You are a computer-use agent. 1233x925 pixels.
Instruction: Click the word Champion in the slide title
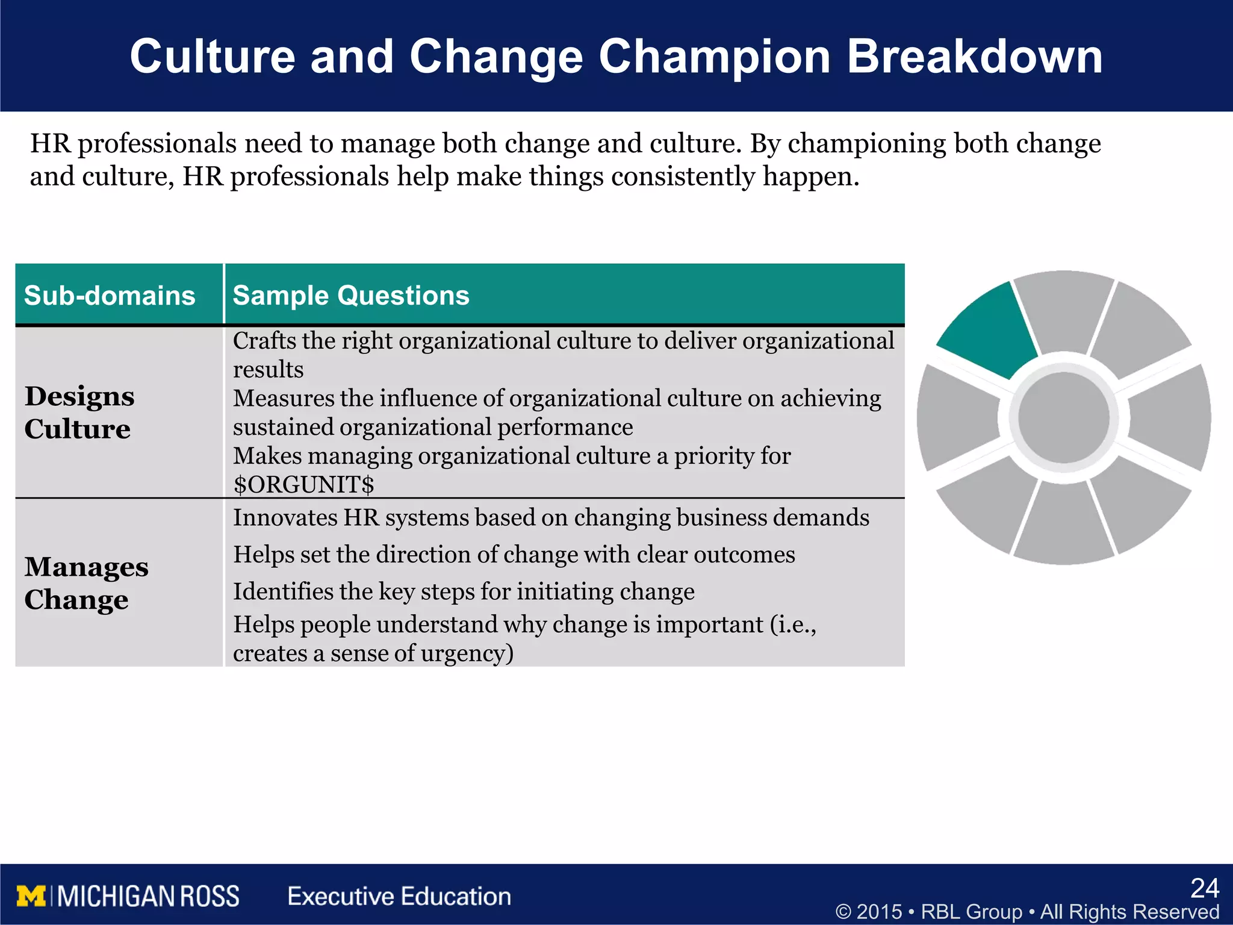(x=715, y=57)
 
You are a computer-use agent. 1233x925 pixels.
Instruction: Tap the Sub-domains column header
(x=110, y=296)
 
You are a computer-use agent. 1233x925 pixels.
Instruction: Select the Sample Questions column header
(x=351, y=296)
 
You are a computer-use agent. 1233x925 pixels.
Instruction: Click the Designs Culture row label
(x=79, y=413)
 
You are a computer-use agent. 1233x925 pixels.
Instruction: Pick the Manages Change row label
(x=86, y=583)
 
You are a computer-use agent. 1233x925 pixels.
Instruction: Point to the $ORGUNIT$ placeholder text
(x=303, y=485)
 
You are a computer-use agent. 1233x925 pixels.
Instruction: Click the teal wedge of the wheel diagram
(x=987, y=330)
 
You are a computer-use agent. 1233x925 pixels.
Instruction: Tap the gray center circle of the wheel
(x=1064, y=417)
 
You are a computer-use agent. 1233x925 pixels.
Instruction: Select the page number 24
(x=1204, y=888)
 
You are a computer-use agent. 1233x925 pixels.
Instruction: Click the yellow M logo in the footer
(x=31, y=896)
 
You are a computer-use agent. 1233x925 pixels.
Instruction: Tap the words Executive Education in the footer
(x=399, y=896)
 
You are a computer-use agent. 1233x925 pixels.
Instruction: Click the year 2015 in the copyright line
(x=879, y=912)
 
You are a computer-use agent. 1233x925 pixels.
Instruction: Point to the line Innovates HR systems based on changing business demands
(x=551, y=518)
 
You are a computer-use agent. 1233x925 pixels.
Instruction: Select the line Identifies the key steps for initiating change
(x=464, y=591)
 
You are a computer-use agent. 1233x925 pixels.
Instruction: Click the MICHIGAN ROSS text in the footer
(x=148, y=896)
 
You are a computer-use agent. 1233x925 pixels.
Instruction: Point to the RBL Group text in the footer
(x=971, y=912)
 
